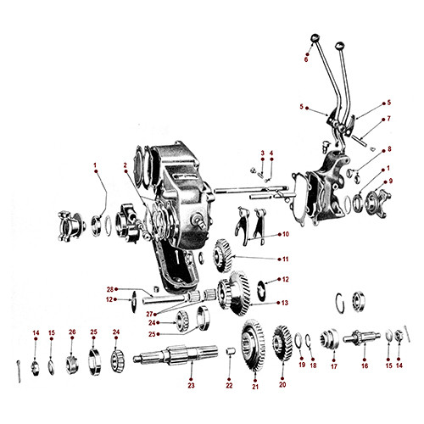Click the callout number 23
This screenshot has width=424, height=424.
[x=191, y=386]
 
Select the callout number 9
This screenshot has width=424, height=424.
[x=390, y=181]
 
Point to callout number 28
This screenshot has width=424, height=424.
[x=134, y=288]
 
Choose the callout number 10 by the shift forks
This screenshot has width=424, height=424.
[x=286, y=234]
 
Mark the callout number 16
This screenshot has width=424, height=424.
[x=365, y=366]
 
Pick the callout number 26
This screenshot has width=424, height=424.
[x=72, y=332]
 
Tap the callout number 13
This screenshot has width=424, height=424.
[x=286, y=303]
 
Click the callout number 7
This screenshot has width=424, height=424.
[x=389, y=119]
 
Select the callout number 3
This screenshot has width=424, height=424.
[x=263, y=153]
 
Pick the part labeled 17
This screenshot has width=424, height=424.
[x=333, y=343]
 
